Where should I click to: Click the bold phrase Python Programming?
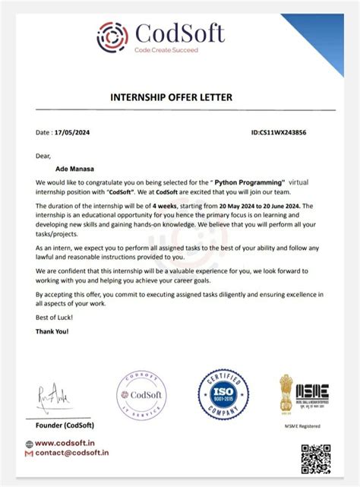pyautogui.click(x=250, y=183)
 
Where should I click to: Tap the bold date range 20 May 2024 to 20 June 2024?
pyautogui.click(x=256, y=206)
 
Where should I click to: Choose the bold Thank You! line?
pyautogui.click(x=52, y=332)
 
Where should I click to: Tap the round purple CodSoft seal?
pyautogui.click(x=141, y=397)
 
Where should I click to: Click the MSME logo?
pyautogui.click(x=312, y=392)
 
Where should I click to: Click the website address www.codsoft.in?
pyautogui.click(x=65, y=444)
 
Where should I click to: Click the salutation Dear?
pyautogui.click(x=43, y=155)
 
